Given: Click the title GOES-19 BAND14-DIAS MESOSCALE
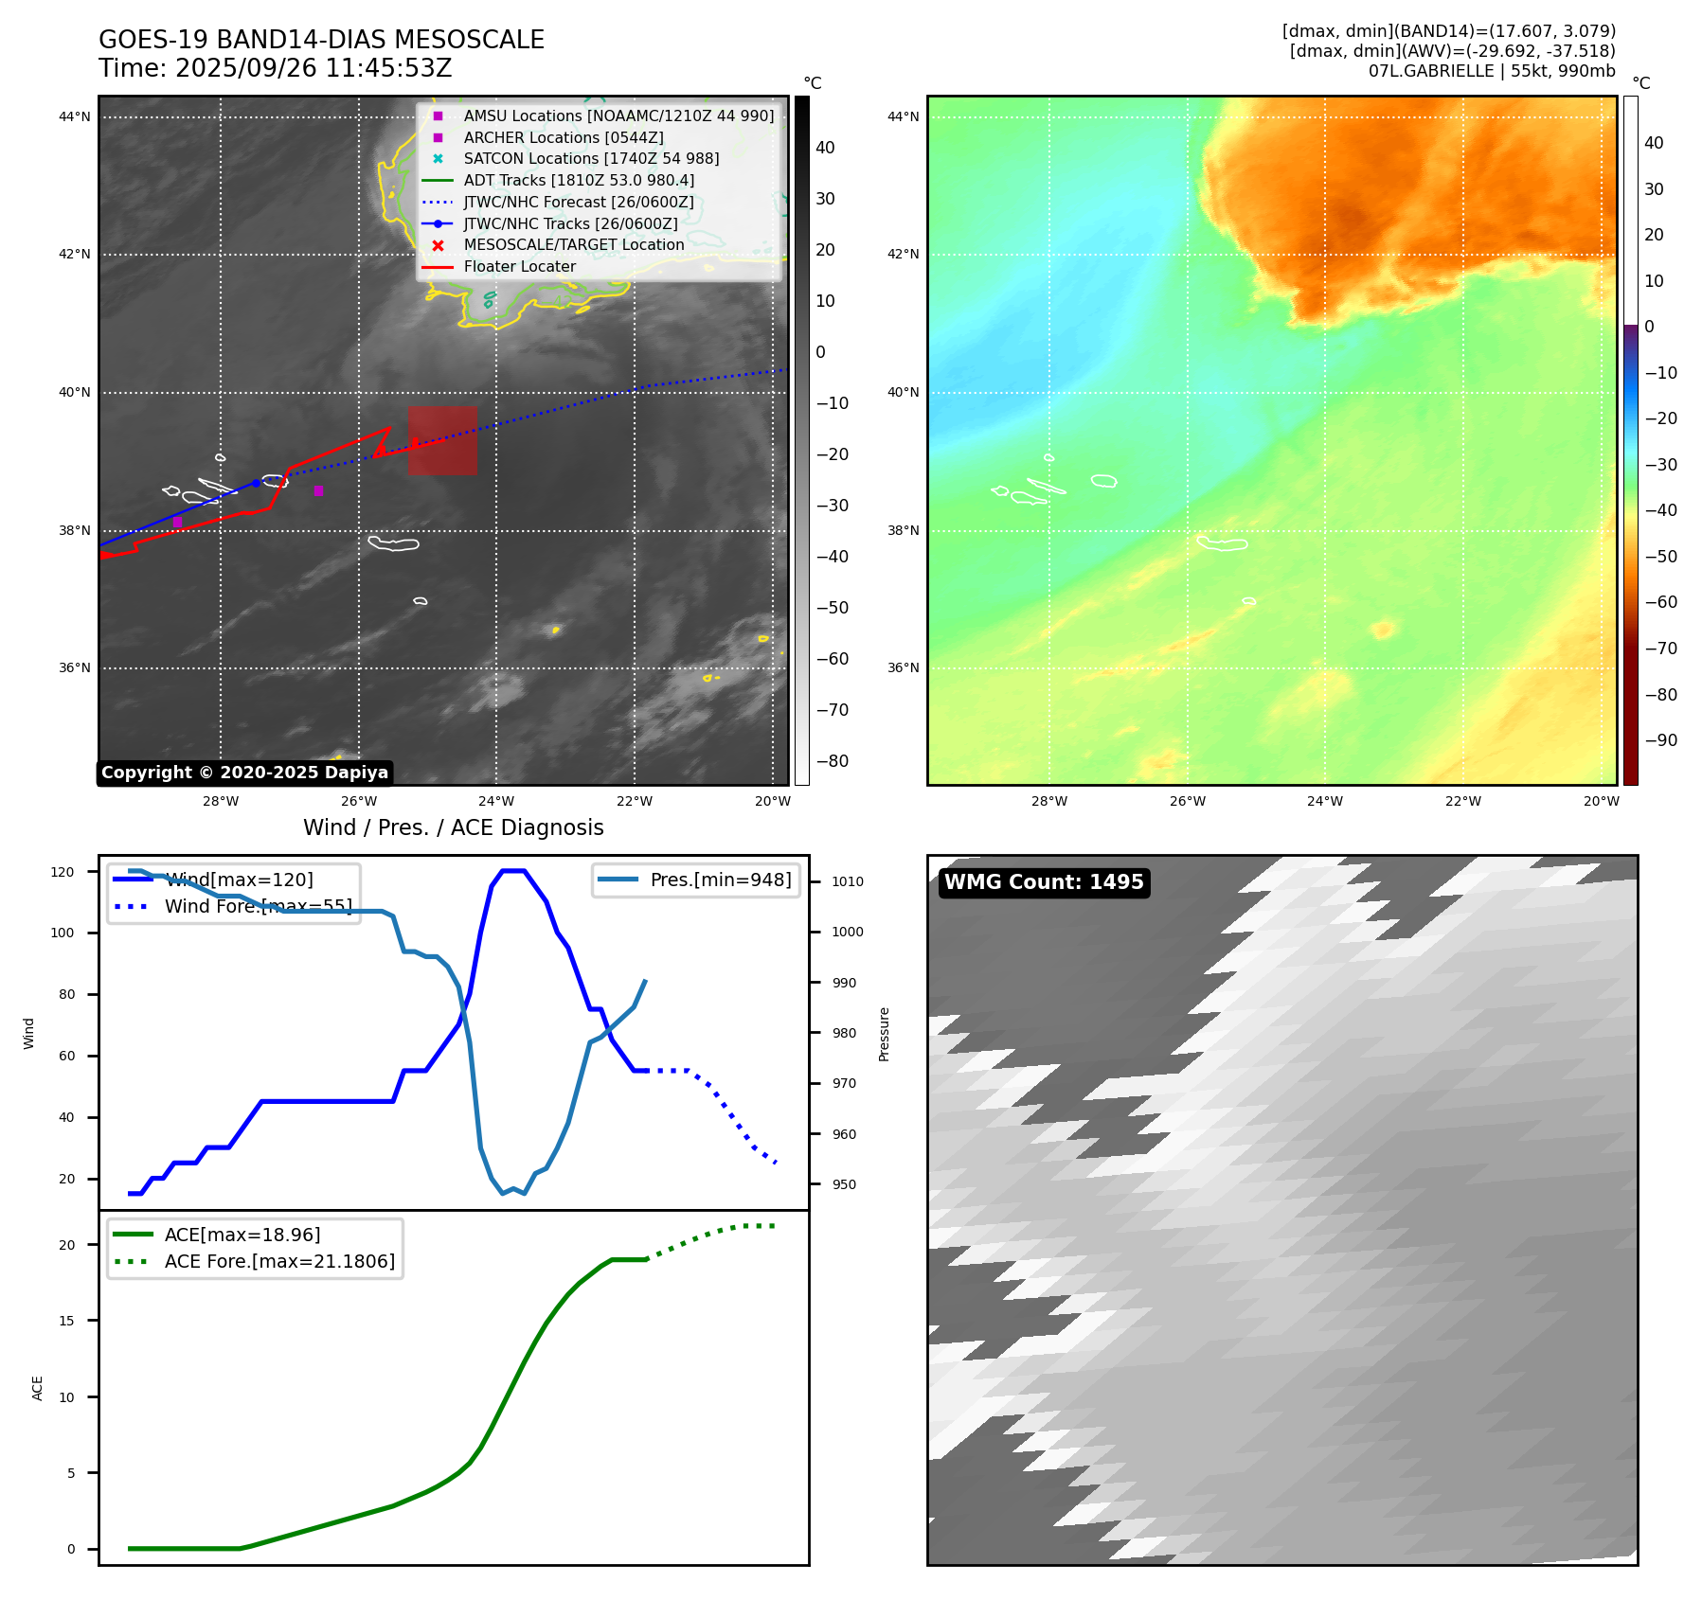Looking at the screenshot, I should tap(321, 40).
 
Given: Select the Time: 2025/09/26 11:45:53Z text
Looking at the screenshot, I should tap(275, 68).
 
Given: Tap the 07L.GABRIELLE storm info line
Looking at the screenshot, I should tap(1491, 71).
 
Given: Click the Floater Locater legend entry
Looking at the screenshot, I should tap(519, 267).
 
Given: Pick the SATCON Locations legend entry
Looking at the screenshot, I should tap(590, 159).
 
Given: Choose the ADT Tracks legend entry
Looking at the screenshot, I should tap(578, 181).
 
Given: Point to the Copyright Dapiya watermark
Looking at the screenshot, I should tap(244, 773).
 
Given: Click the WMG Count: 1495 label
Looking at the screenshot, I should tap(1044, 882).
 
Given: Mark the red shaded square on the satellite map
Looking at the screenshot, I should tap(442, 441).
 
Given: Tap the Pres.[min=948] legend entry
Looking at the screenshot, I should tap(720, 880).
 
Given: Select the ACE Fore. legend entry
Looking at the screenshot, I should tap(278, 1261).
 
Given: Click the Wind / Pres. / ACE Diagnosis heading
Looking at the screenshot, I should tap(453, 827).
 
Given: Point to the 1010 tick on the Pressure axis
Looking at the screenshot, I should tap(847, 881).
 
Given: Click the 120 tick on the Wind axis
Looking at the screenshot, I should tap(63, 872).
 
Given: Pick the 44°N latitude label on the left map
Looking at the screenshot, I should tap(75, 117).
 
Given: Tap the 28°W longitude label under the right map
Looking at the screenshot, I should tap(1048, 801).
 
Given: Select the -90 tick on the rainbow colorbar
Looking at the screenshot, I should tap(1660, 740).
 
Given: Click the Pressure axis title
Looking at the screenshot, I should tap(884, 1034).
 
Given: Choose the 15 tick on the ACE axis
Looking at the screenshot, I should tap(66, 1321).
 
